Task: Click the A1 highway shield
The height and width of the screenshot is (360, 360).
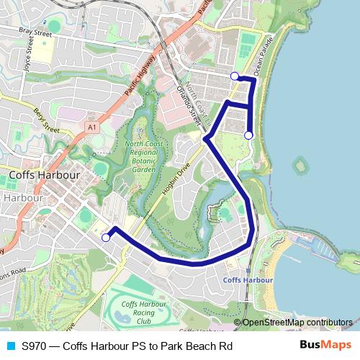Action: click(91, 127)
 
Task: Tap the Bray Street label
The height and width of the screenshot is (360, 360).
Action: click(37, 32)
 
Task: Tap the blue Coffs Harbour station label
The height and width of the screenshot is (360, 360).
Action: click(248, 279)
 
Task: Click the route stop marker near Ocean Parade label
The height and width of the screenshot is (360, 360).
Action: click(235, 76)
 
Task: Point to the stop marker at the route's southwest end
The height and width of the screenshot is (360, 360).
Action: click(106, 237)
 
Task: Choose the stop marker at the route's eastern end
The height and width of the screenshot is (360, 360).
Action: click(248, 135)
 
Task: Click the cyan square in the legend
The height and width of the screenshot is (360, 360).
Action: click(10, 346)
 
